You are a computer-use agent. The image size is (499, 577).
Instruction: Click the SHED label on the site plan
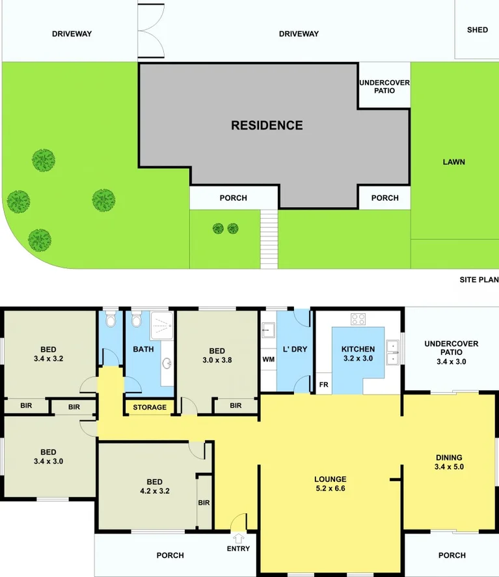(478, 30)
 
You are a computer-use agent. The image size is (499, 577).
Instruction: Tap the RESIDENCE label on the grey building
(267, 125)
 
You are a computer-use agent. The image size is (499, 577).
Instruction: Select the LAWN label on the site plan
(453, 162)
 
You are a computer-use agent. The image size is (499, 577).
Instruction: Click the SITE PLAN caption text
(479, 280)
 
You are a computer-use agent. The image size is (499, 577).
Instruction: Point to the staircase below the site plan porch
(269, 238)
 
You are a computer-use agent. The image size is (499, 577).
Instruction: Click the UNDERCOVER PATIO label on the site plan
(384, 87)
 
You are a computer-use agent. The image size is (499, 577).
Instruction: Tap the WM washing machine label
(268, 359)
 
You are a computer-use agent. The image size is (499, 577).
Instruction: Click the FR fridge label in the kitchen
(323, 385)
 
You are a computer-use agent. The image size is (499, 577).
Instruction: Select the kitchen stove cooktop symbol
(358, 319)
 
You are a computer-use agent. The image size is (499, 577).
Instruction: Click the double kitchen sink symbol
(393, 352)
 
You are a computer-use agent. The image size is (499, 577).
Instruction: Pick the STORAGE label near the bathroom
(150, 408)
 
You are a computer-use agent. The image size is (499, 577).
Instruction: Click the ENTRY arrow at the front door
(238, 539)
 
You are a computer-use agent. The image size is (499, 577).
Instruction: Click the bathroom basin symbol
(167, 363)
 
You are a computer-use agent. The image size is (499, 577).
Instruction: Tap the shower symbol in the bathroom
(162, 326)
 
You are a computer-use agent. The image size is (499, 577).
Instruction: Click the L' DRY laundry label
(295, 350)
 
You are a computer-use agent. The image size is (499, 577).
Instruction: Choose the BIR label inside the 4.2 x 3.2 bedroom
(204, 503)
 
